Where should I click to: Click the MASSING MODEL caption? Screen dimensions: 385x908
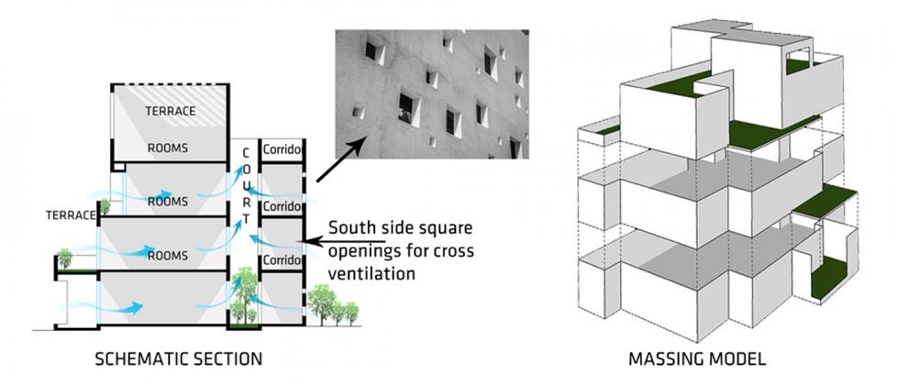(703, 357)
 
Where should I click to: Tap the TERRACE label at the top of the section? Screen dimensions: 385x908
(171, 111)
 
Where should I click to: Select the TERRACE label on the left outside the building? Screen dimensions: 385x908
(71, 215)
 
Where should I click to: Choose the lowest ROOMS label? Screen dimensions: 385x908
(168, 255)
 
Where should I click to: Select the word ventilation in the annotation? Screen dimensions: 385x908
(375, 273)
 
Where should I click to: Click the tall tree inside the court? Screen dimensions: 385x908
(243, 293)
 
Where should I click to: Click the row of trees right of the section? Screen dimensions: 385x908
(333, 305)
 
